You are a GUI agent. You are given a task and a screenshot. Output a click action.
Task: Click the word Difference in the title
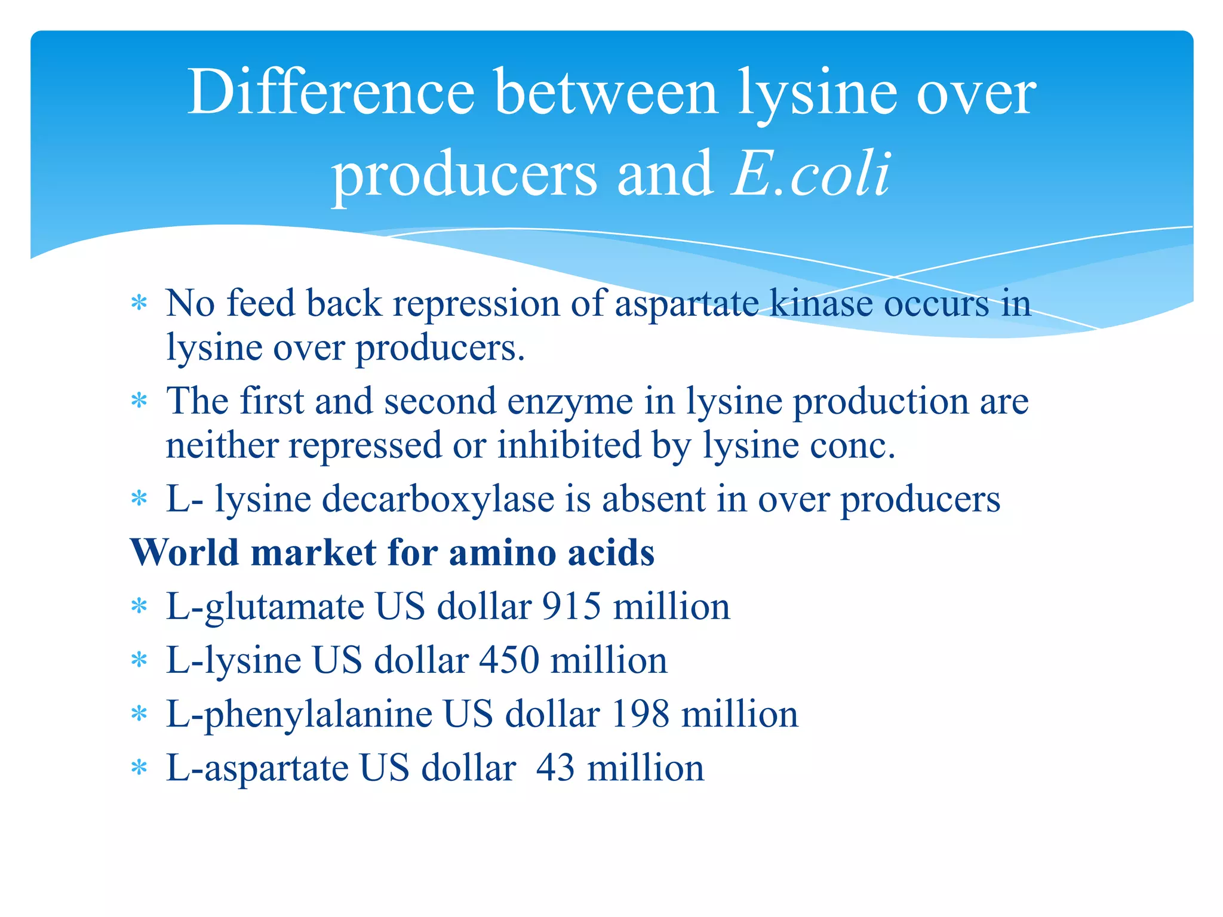point(331,93)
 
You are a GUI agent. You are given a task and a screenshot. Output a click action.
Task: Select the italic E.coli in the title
point(812,174)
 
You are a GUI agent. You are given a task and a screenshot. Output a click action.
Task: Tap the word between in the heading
point(606,93)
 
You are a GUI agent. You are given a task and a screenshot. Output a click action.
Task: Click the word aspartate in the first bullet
point(686,304)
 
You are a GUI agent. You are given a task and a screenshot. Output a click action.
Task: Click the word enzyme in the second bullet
point(570,401)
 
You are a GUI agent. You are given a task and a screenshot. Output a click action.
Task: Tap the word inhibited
point(569,445)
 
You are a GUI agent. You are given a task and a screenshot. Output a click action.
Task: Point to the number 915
point(571,607)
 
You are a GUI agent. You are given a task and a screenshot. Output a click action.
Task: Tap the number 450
point(509,660)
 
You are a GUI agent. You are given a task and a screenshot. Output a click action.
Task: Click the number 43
point(556,768)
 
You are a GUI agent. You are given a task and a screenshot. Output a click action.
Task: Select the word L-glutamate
point(265,607)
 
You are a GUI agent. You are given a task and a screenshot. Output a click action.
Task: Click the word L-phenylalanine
point(299,714)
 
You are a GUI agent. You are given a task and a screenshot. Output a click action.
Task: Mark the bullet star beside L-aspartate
point(139,768)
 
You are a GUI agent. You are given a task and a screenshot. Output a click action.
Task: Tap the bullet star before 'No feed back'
point(139,303)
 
